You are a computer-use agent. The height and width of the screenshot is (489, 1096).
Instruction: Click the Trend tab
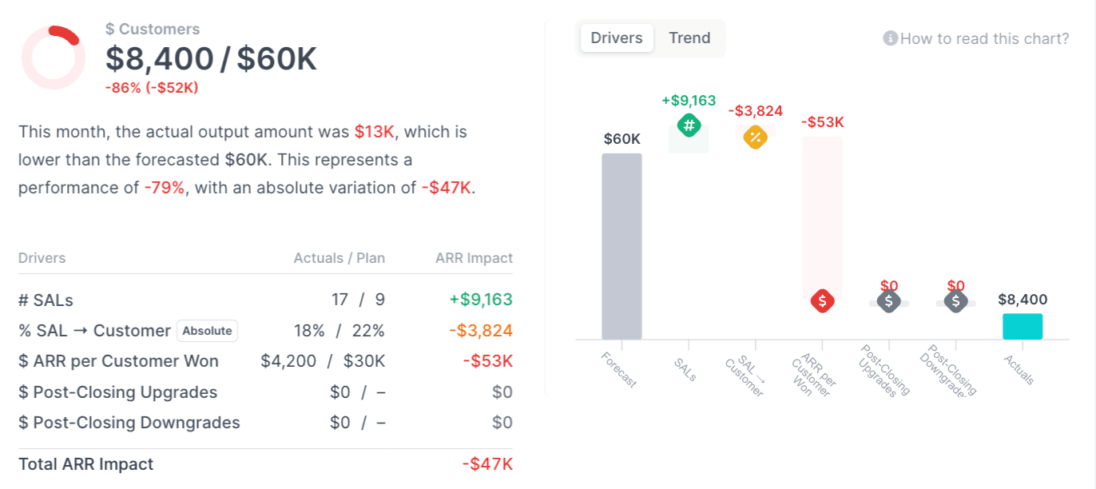[x=689, y=38]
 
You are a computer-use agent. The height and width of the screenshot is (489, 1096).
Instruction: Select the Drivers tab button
[x=617, y=38]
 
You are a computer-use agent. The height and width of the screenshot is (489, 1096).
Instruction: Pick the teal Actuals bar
[x=1023, y=326]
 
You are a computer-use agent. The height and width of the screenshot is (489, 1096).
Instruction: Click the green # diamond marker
[x=689, y=125]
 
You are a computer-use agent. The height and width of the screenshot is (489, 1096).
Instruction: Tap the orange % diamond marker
[x=755, y=137]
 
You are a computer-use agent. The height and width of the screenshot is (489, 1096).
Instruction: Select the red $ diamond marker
[x=822, y=301]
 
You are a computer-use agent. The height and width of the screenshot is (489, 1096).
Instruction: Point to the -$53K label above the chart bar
[x=822, y=122]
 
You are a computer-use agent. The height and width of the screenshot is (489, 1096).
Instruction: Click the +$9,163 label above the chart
[x=689, y=101]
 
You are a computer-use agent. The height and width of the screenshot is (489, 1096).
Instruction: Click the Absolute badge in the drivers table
[x=207, y=331]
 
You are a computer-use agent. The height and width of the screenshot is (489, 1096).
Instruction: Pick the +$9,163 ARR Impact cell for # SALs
[x=480, y=300]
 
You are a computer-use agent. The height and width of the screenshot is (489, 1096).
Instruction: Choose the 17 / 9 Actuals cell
[x=358, y=300]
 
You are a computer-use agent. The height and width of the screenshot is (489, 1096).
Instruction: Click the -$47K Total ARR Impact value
[x=487, y=464]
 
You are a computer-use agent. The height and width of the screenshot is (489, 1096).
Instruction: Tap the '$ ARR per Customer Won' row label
[x=118, y=361]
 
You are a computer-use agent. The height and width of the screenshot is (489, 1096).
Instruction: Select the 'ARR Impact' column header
[x=474, y=258]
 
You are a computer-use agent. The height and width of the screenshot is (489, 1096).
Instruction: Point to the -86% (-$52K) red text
[x=152, y=88]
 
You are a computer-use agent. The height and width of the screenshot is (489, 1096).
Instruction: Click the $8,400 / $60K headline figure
[x=212, y=59]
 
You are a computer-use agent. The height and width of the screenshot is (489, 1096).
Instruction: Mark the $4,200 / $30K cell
[x=323, y=361]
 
